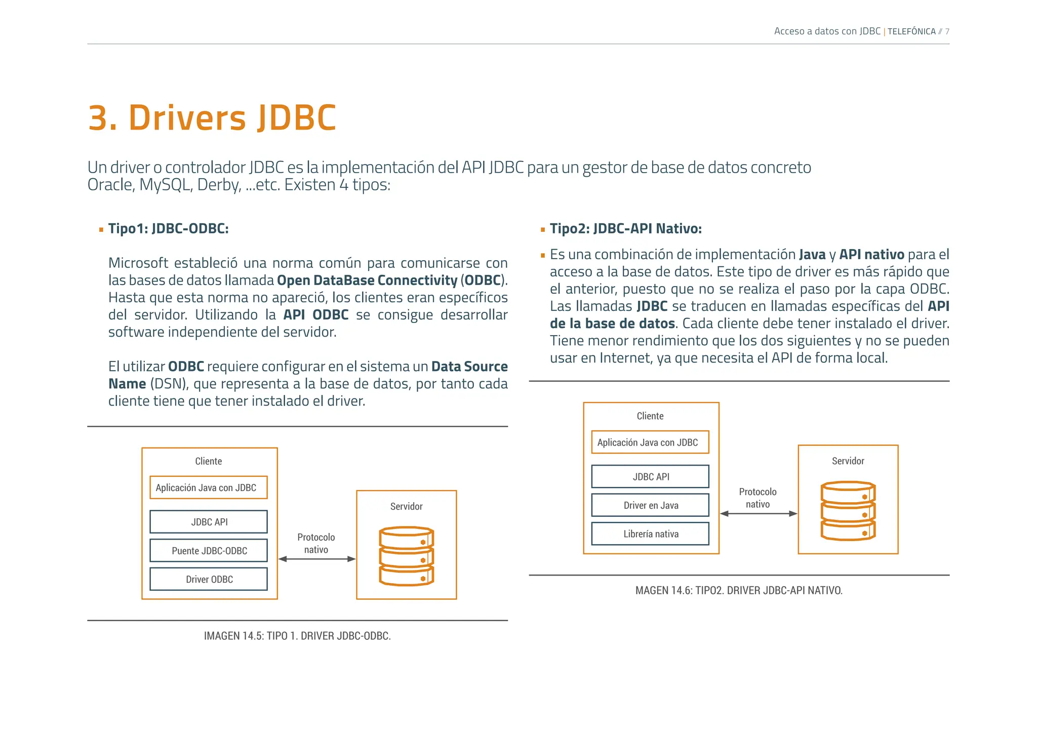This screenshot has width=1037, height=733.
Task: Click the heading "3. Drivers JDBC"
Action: click(212, 118)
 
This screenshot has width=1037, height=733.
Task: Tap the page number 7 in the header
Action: click(947, 31)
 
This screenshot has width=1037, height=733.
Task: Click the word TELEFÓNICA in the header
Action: click(911, 31)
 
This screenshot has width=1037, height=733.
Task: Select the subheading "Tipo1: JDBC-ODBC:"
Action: click(168, 229)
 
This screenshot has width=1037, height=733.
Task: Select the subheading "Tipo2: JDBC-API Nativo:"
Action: click(625, 229)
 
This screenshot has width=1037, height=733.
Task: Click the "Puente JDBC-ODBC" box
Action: click(209, 551)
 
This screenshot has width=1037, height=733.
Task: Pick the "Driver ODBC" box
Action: click(209, 579)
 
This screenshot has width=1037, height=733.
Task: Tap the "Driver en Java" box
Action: click(650, 505)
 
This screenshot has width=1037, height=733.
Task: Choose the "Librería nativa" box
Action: click(650, 534)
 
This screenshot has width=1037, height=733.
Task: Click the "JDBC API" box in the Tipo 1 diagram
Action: click(209, 522)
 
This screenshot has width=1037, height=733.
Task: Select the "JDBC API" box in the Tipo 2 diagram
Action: click(650, 477)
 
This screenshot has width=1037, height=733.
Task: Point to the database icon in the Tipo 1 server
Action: click(407, 556)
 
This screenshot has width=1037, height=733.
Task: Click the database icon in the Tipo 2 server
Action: click(848, 511)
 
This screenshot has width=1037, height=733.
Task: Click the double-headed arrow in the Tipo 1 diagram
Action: click(317, 559)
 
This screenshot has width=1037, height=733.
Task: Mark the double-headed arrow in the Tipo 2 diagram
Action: click(759, 514)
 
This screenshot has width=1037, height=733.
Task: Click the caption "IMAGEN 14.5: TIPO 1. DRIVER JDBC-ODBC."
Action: click(297, 636)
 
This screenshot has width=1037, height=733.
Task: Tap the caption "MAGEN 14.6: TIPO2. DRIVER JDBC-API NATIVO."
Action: click(739, 590)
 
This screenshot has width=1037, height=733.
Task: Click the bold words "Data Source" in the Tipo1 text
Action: click(469, 366)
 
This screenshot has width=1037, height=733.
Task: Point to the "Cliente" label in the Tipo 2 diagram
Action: click(650, 416)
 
